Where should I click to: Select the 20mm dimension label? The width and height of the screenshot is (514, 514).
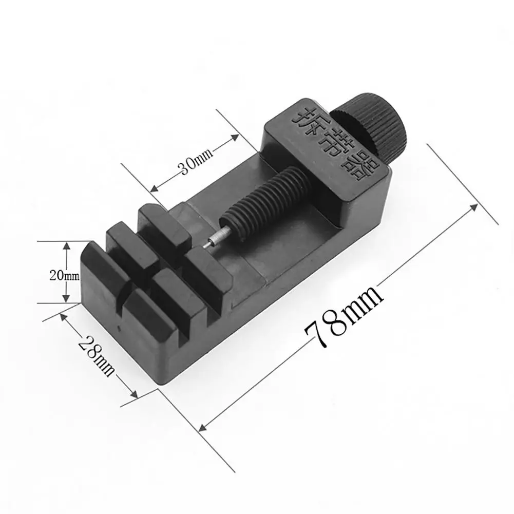pos(64,275)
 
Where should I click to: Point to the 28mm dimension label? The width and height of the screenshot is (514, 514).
pos(97,356)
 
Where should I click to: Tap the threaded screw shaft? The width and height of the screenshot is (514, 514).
pos(264,203)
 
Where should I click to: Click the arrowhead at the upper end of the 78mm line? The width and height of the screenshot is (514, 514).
pos(473,207)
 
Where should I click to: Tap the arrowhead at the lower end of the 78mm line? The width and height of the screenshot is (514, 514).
pos(203,427)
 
